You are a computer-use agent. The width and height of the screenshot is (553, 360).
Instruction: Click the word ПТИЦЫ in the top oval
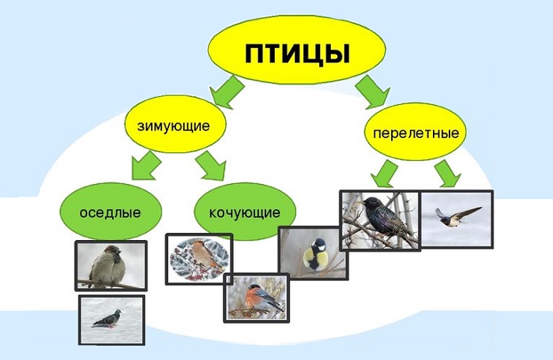pos(297,54)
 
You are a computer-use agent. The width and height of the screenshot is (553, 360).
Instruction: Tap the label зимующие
pos(174,126)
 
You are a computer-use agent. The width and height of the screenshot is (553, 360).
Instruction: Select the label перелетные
pos(416,133)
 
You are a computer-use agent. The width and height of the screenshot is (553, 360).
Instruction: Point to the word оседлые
pos(110,212)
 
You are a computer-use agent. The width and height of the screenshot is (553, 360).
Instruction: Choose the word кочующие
pos(245,212)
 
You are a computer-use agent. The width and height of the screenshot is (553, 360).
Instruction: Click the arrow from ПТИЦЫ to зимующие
pos(226,92)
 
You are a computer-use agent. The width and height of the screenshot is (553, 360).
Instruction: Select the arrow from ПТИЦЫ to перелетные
pos(373,92)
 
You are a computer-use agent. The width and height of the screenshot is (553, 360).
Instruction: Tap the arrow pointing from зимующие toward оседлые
pos(145,166)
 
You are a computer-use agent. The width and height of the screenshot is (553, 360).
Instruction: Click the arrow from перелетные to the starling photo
pos(383,174)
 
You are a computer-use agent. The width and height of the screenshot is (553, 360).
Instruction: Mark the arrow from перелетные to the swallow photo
pos(447,174)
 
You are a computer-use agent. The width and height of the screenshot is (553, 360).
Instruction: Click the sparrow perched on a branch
pos(107,266)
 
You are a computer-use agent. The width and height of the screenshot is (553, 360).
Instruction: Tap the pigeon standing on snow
pos(107,319)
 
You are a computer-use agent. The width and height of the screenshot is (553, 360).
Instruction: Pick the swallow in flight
pos(457,216)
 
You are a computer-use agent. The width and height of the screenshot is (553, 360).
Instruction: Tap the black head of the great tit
pos(319,244)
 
